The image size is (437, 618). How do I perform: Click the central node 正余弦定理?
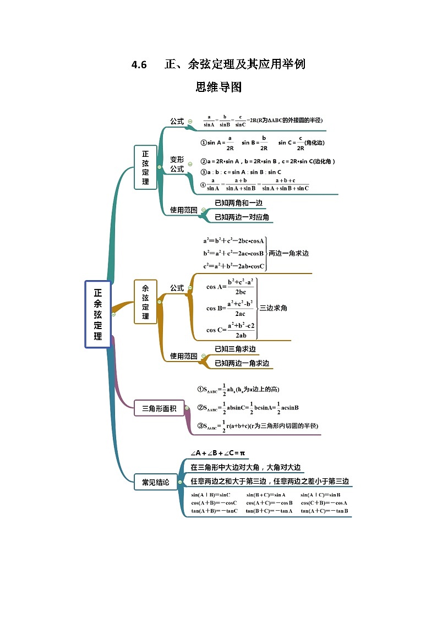coord(98,314)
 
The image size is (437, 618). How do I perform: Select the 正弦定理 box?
coord(145,167)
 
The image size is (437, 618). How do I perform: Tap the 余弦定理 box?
coord(145,302)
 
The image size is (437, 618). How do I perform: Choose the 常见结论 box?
coord(156,482)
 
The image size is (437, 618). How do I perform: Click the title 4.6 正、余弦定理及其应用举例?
coord(218,64)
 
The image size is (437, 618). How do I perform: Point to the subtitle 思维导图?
coord(218,87)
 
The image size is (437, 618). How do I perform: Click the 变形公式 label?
coord(177,164)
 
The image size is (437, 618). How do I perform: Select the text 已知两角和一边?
coord(238,203)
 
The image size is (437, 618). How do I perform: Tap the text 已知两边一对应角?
coord(242,217)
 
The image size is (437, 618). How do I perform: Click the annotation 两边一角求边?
coord(288,254)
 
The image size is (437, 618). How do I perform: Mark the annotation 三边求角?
coord(273,308)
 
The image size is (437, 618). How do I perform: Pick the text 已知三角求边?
coord(235,349)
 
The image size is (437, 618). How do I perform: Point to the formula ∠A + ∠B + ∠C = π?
coord(217,453)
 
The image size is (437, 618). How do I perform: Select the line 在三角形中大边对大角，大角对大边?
coord(245,467)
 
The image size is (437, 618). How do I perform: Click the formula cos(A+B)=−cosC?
coord(214,503)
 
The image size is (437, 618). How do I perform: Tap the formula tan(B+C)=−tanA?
coord(269,511)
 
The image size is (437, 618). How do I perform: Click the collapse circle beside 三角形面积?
coord(187,408)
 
